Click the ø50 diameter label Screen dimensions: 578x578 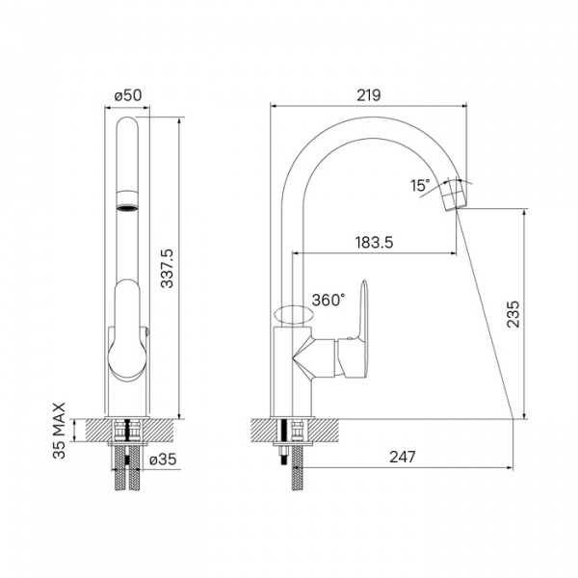[x=128, y=95]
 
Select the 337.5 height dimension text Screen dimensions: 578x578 [x=168, y=269]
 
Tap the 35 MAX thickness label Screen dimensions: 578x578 [x=59, y=431]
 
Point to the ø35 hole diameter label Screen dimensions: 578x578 [x=163, y=460]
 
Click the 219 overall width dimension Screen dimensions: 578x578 [x=369, y=95]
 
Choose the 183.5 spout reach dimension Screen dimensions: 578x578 [x=374, y=243]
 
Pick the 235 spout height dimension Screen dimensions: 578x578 [x=513, y=314]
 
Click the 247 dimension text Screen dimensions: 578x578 [x=403, y=457]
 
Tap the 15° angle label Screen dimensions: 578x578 [x=420, y=185]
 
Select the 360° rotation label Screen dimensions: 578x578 [x=328, y=300]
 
